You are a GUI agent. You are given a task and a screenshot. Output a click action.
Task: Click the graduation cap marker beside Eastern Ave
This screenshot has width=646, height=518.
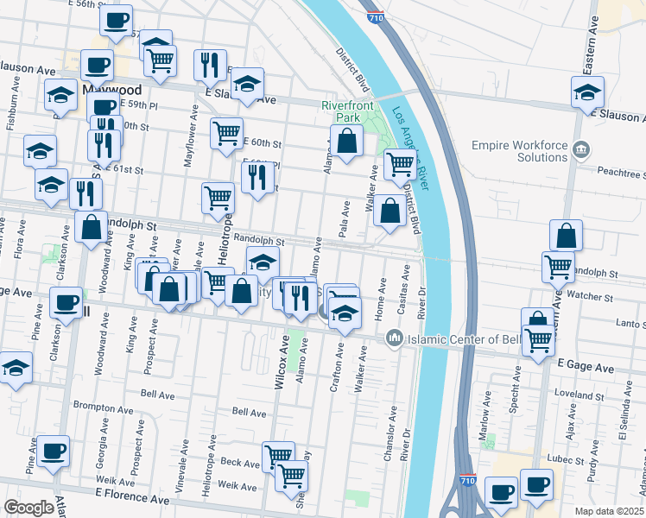tap(587, 92)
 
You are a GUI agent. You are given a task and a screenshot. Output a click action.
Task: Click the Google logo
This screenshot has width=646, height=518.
tap(28, 507)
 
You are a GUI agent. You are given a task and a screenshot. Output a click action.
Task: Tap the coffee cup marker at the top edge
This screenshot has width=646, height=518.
tap(115, 19)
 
